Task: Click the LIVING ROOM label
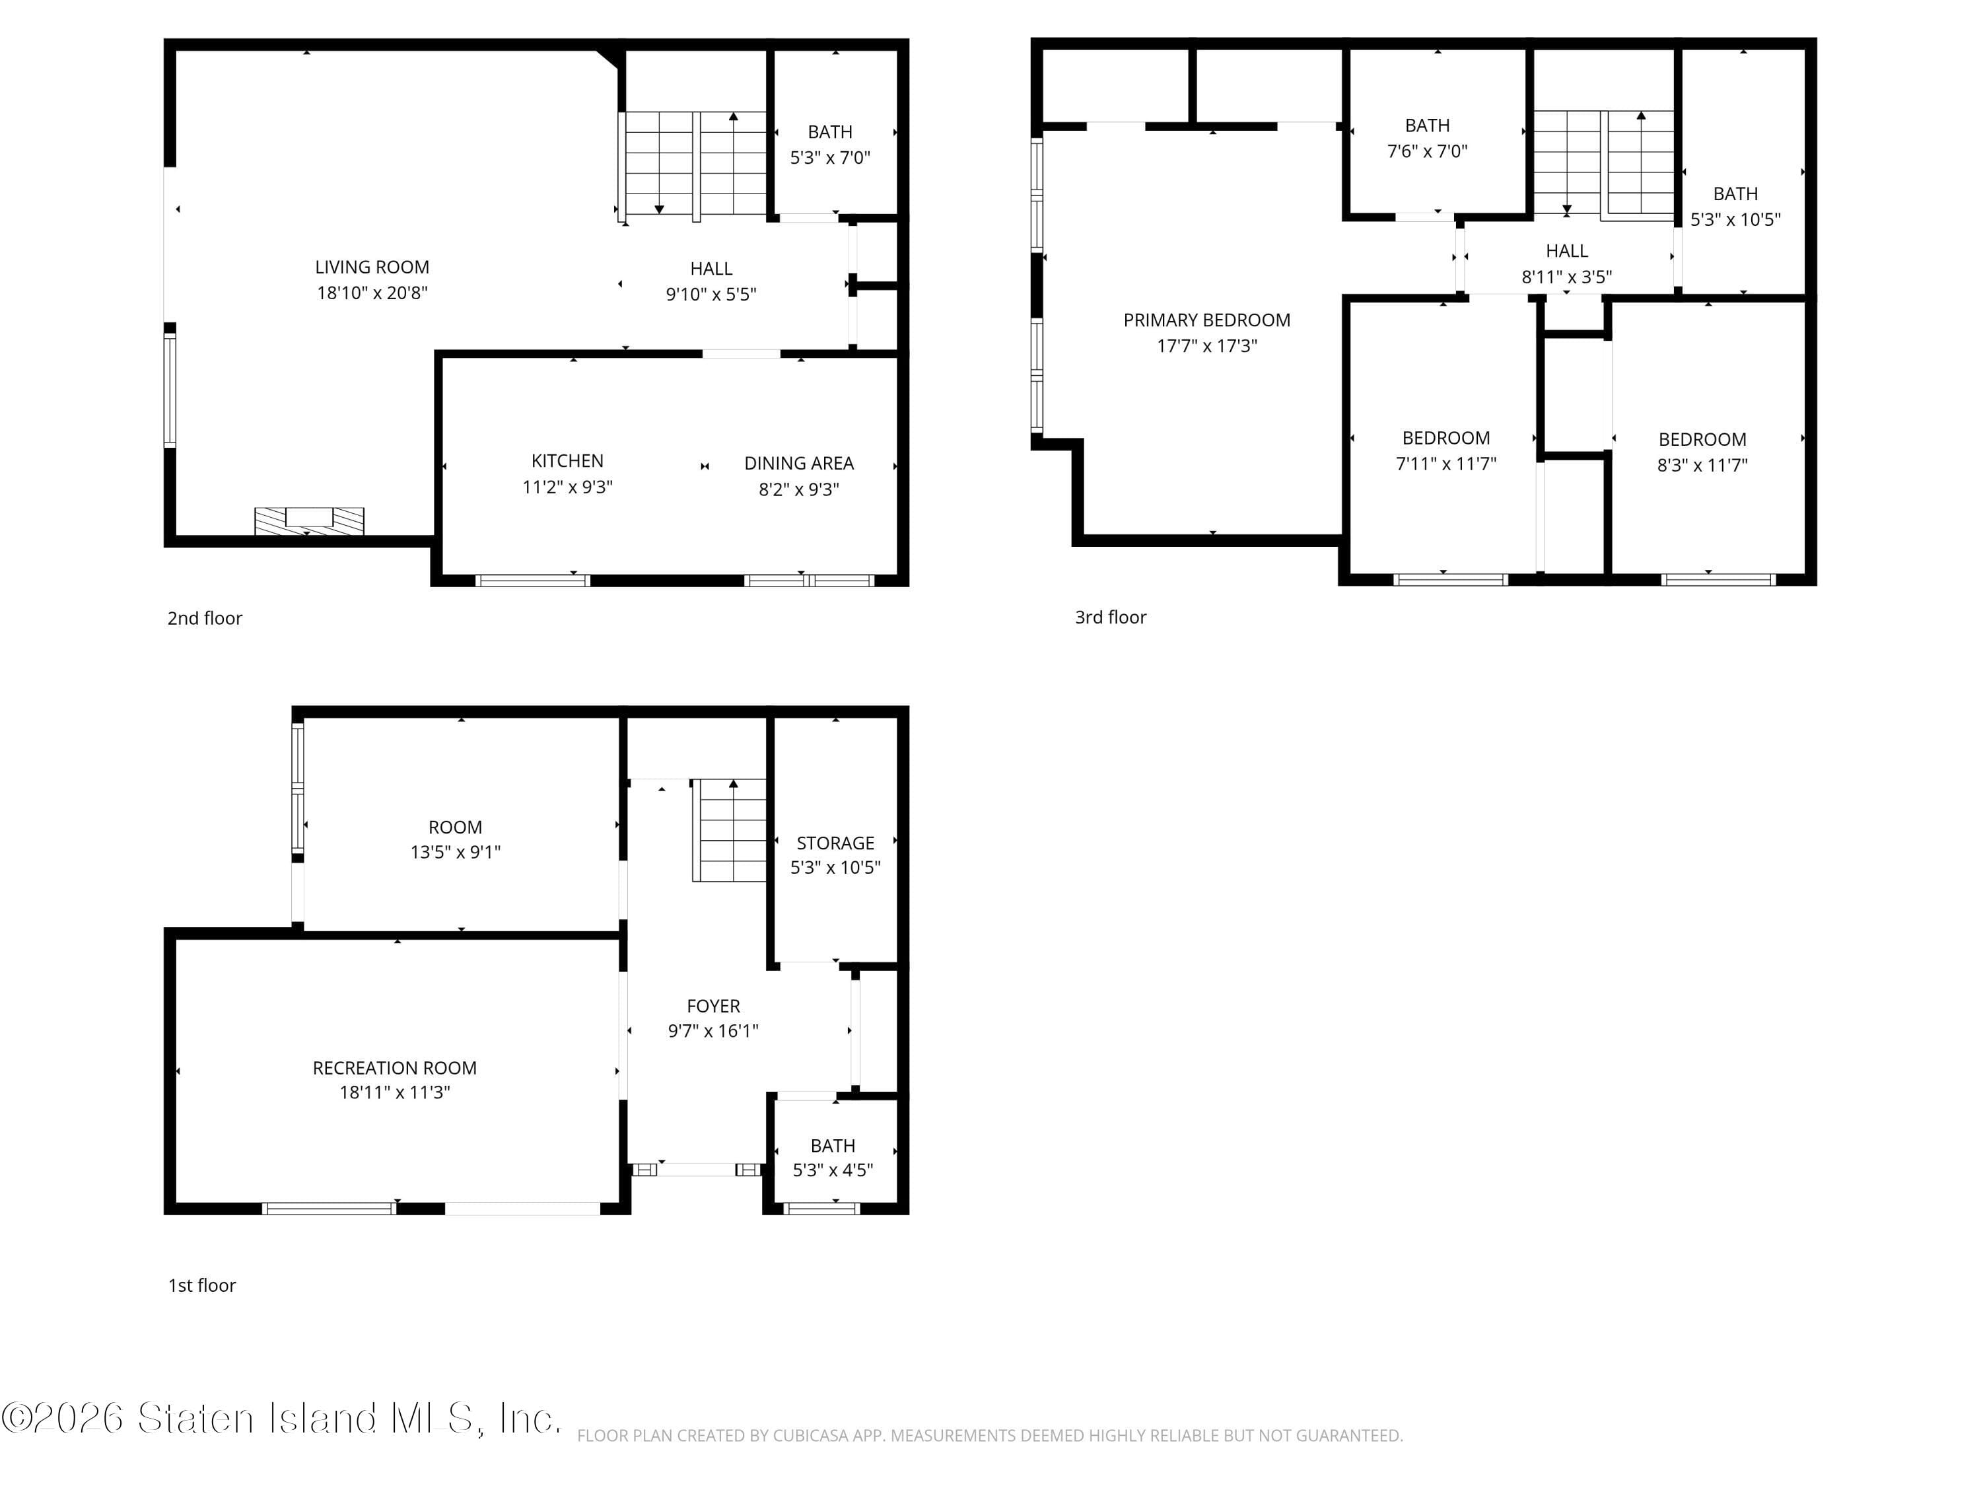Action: [x=372, y=267]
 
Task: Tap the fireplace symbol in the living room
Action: [x=309, y=520]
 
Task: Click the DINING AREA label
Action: [x=799, y=463]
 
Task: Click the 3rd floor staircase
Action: [x=1603, y=164]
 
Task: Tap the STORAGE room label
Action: [x=835, y=843]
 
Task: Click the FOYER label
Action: [x=713, y=1006]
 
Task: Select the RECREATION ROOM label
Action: [x=394, y=1068]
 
